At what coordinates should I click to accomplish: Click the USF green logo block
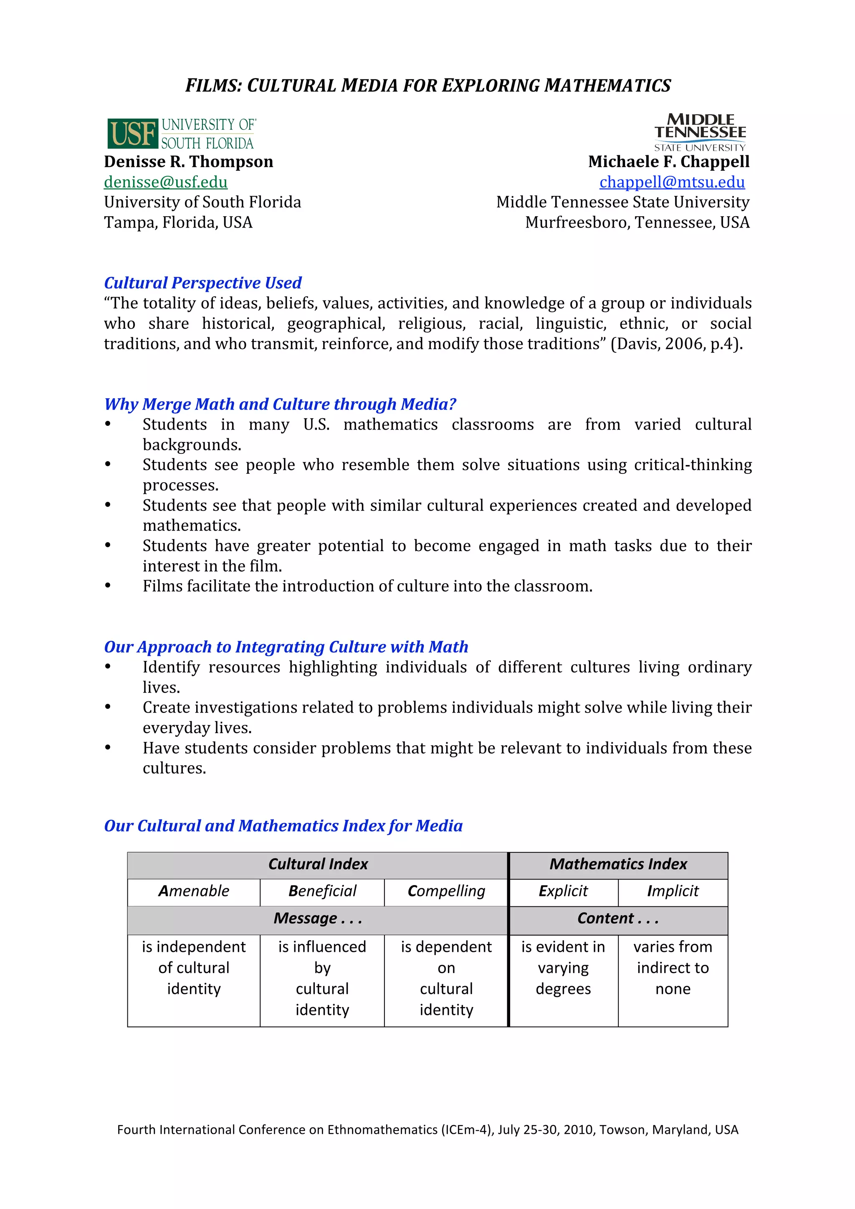coord(133,133)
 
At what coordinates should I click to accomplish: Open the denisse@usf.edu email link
coord(166,182)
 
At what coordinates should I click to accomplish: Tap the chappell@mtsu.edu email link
coord(672,182)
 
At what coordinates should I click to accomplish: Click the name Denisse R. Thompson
coord(188,162)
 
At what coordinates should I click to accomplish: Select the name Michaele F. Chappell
coord(669,162)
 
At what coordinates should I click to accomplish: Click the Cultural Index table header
coord(318,864)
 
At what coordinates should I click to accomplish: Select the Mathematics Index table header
coord(619,864)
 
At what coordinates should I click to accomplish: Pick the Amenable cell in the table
coord(194,891)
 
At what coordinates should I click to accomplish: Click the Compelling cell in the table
coord(446,891)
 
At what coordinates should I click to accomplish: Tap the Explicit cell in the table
coord(563,891)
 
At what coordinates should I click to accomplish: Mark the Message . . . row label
coord(318,919)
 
